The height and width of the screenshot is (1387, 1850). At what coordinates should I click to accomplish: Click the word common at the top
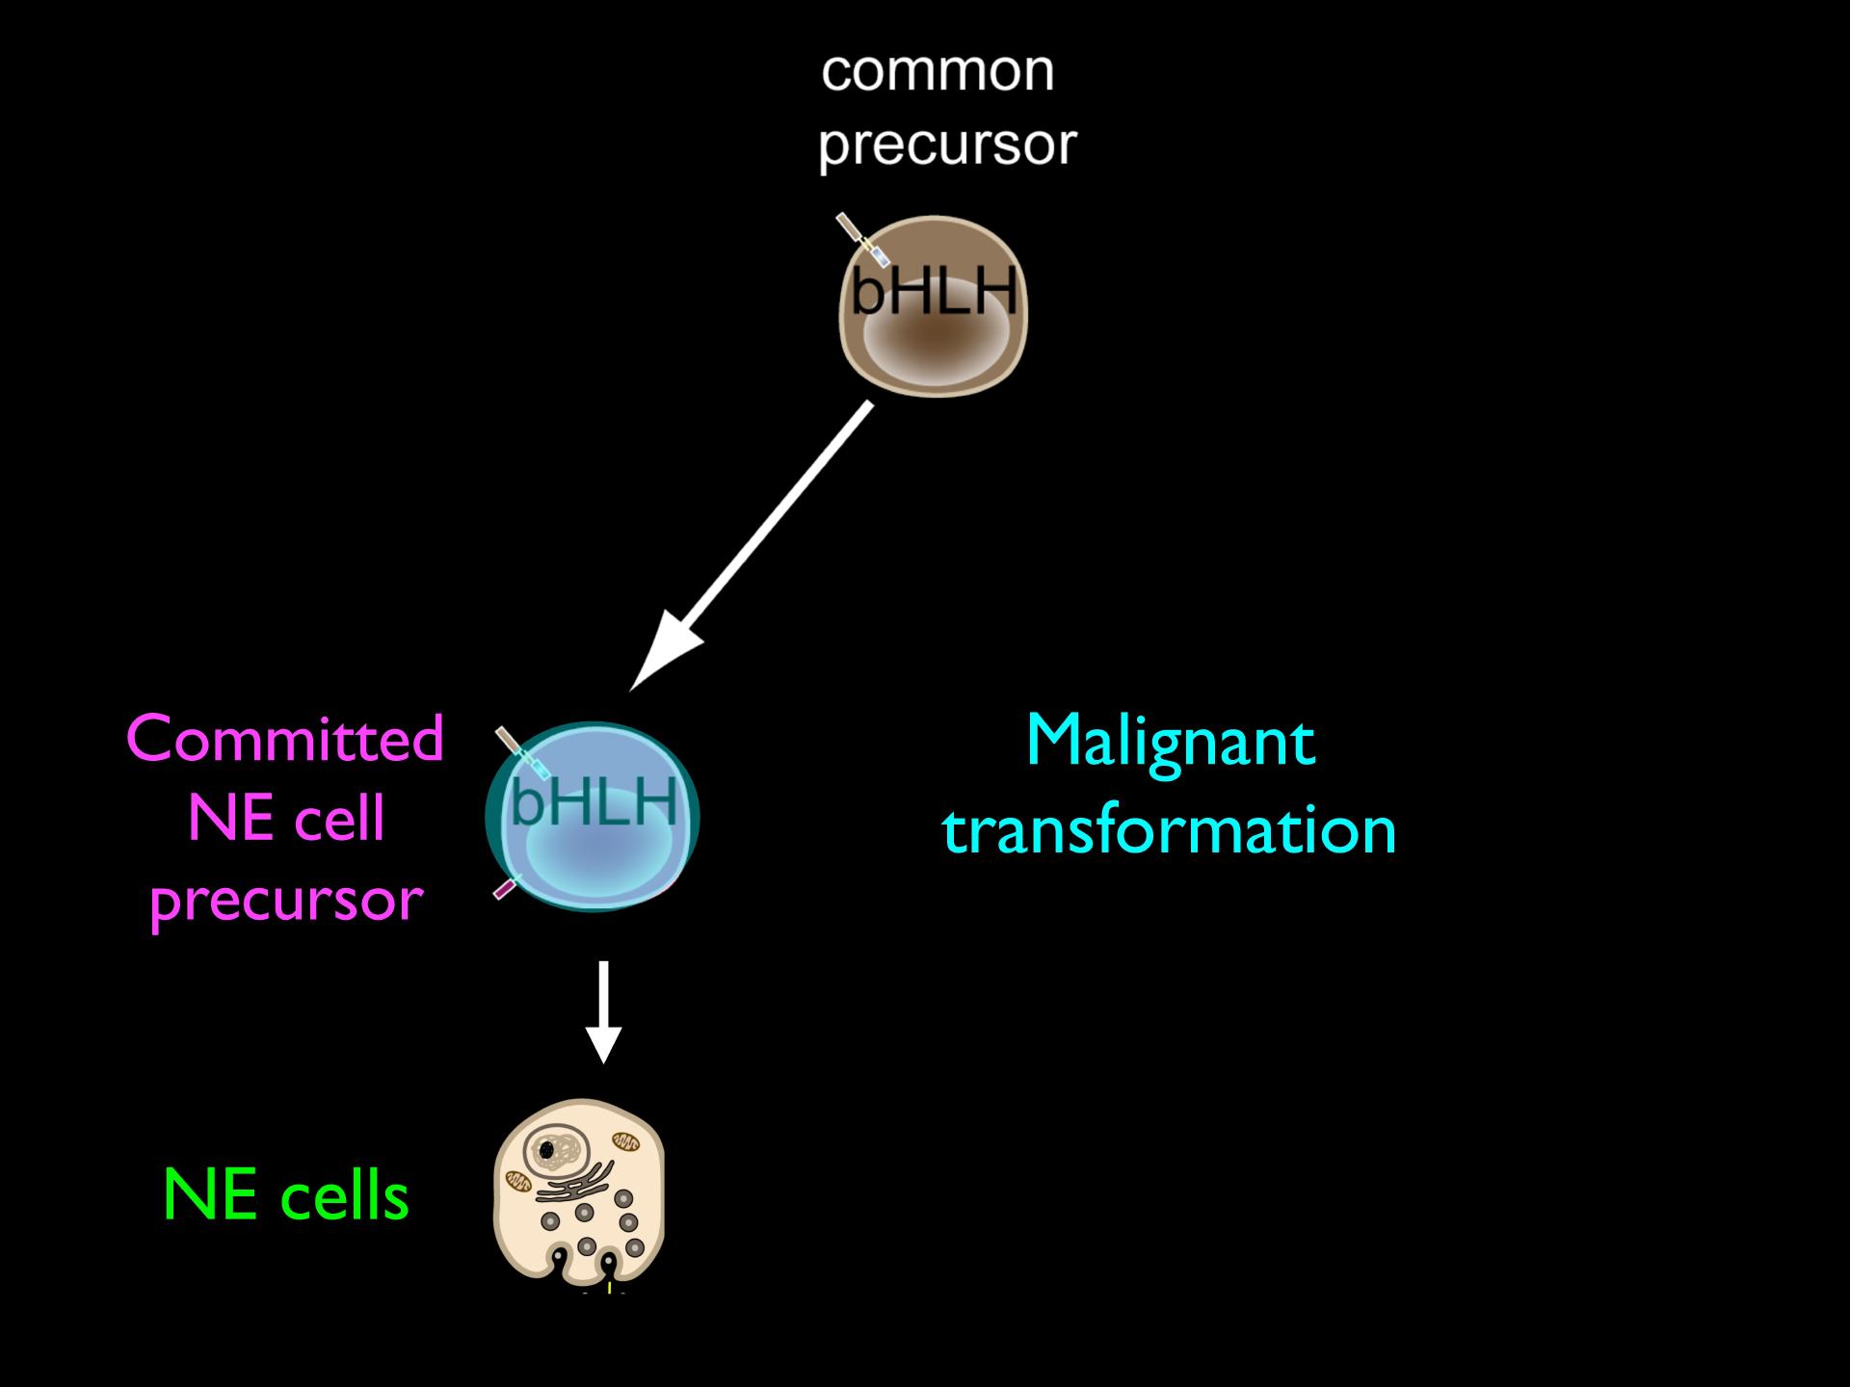938,71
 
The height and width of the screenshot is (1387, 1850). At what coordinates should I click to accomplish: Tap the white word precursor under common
947,145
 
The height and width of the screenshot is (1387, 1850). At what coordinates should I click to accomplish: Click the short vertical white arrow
603,1011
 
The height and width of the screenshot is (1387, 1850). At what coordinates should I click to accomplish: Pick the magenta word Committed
285,740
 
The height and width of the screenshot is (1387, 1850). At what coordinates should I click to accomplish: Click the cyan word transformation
1170,830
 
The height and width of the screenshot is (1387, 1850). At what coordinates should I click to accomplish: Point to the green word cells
345,1196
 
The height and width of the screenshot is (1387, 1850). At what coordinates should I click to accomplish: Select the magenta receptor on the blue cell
507,887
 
